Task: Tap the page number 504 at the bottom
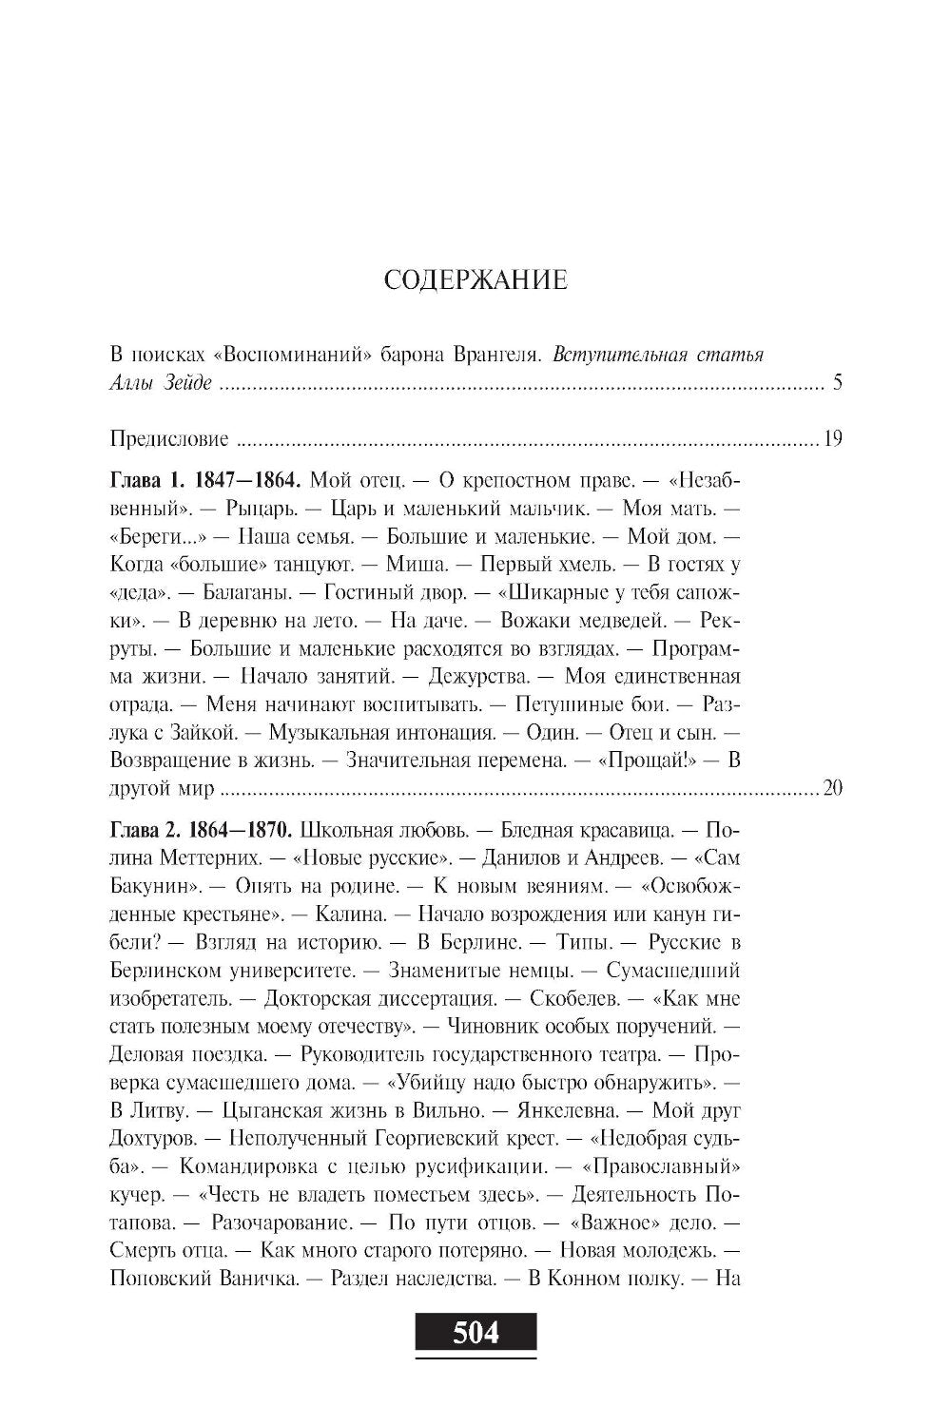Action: tap(475, 1333)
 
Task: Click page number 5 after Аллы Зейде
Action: tap(838, 384)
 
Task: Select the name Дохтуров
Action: tap(150, 1138)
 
